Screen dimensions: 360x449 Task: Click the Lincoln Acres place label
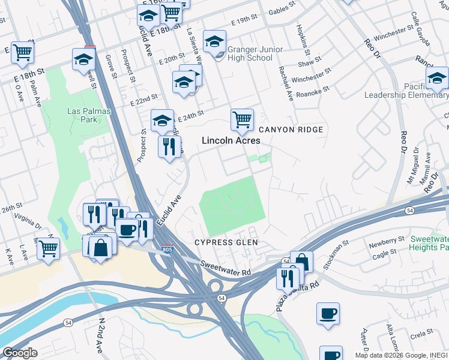231,140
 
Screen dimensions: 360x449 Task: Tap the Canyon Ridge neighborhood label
291,130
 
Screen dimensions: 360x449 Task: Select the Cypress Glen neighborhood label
226,242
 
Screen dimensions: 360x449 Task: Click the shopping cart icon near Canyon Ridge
242,119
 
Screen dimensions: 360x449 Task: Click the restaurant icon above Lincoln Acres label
169,146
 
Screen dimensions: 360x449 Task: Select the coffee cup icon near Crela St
328,313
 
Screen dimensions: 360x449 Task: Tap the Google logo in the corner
20,353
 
